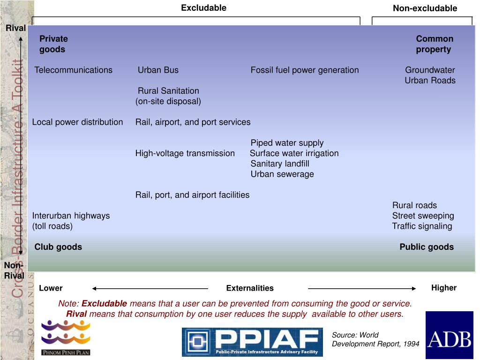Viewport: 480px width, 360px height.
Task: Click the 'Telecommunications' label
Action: (74, 70)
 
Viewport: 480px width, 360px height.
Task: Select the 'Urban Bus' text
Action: (158, 70)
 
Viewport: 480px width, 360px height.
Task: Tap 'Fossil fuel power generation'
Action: (305, 70)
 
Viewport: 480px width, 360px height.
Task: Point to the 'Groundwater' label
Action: (430, 70)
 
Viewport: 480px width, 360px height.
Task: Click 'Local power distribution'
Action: (77, 122)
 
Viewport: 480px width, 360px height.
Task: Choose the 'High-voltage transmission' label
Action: (185, 153)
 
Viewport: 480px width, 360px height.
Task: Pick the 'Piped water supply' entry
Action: (287, 143)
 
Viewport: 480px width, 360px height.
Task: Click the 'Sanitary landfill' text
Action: (280, 164)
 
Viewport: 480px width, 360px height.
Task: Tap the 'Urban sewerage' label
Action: (282, 174)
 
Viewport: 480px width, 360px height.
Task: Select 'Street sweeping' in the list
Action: (423, 216)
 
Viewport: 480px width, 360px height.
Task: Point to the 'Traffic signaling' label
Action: (422, 226)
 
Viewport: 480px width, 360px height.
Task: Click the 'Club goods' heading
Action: (58, 247)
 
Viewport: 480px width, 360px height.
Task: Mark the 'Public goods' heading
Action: (427, 247)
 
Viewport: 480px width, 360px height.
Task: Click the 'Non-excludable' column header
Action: (425, 8)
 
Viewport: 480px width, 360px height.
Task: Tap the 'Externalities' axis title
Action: (250, 288)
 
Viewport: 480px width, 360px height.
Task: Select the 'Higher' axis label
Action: (444, 288)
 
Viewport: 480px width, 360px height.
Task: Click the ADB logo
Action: (449, 335)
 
